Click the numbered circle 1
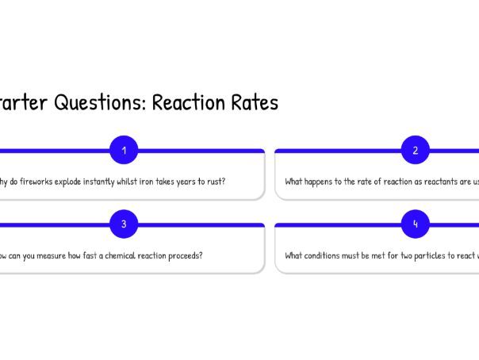coord(124,150)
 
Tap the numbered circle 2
coord(415,150)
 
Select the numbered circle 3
coord(124,224)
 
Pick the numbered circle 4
coord(415,224)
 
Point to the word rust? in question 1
coord(215,182)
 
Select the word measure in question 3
coord(55,256)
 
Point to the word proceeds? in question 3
coord(183,256)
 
